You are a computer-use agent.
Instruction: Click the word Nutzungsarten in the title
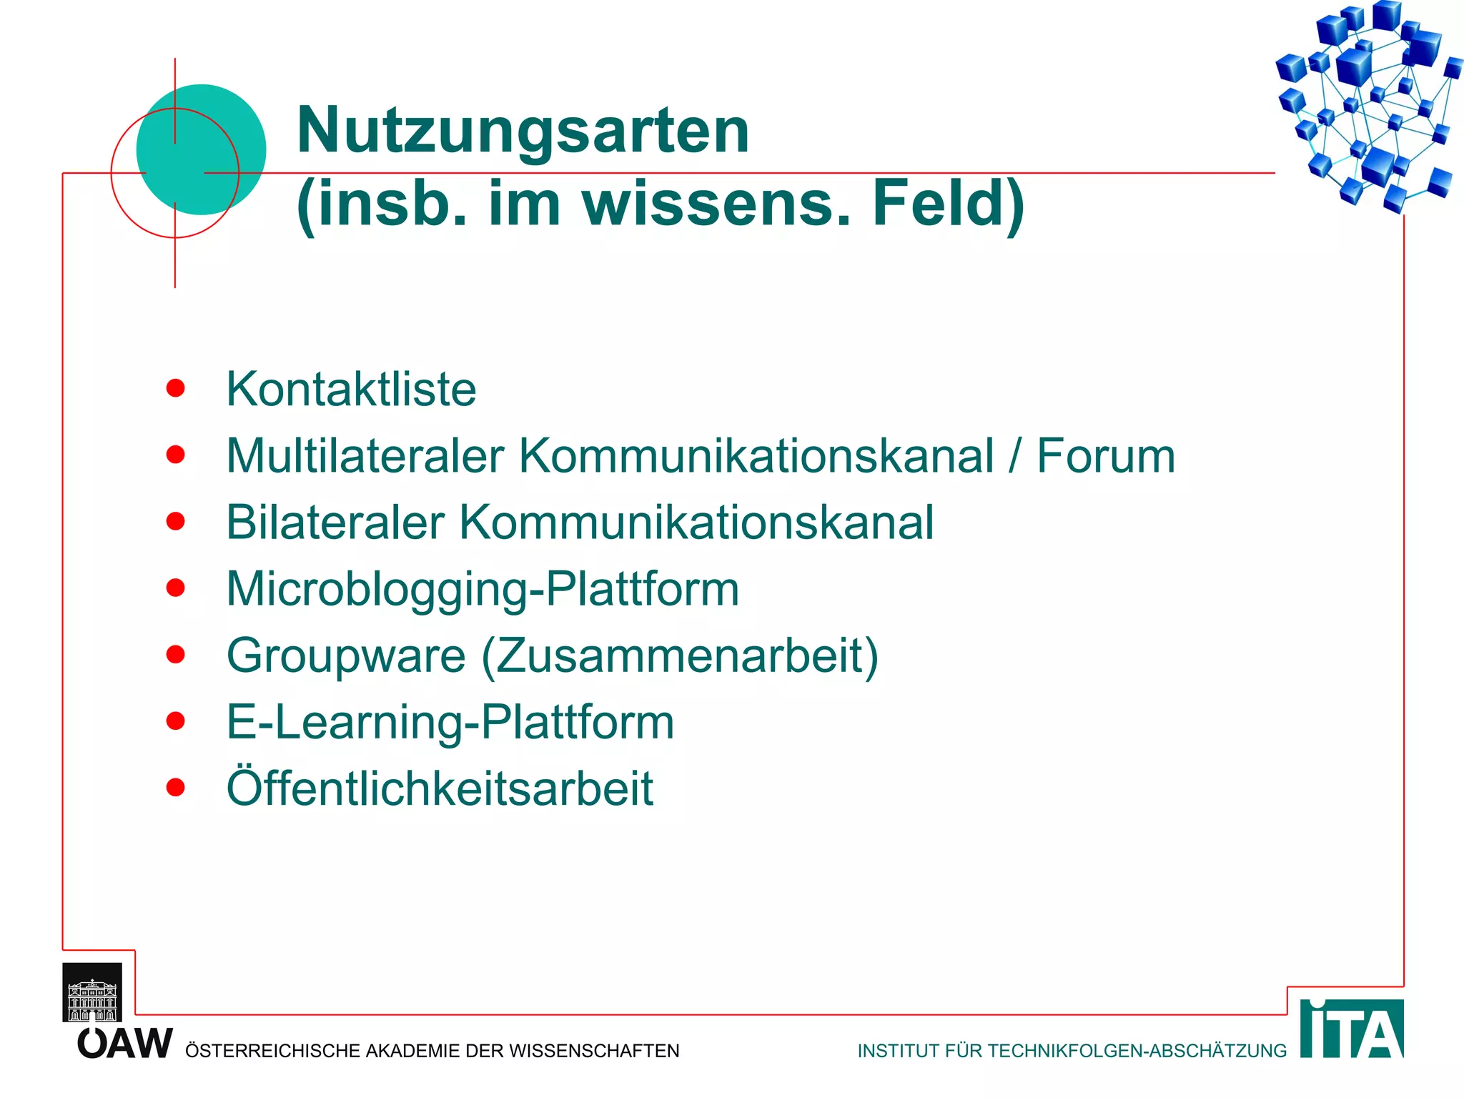tap(523, 130)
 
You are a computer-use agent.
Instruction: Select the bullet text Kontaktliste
tap(351, 390)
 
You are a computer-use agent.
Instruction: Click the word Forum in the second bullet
tap(1105, 456)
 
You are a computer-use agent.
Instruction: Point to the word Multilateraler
tap(365, 456)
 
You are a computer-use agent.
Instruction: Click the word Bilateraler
tap(335, 523)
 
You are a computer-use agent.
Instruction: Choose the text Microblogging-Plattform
tap(483, 590)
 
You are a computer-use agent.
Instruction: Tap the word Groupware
tap(346, 656)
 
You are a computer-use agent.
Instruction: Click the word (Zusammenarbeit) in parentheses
tap(679, 656)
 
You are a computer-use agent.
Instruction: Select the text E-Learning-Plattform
tap(450, 722)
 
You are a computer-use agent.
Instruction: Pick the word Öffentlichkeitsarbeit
tap(440, 788)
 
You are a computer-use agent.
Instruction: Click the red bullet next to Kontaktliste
tap(175, 388)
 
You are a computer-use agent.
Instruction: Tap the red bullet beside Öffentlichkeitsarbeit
tap(175, 787)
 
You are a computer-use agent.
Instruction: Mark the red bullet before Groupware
tap(175, 654)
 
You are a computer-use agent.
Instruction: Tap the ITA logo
tap(1351, 1029)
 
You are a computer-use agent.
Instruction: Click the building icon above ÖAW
tap(92, 994)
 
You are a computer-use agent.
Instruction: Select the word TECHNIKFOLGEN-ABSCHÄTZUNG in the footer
tap(1137, 1051)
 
